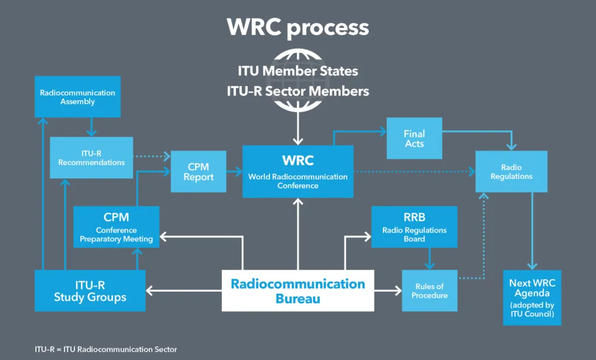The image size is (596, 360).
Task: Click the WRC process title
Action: point(297,27)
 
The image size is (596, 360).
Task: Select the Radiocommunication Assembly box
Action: point(77,97)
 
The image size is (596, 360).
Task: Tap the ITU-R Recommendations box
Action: point(91,158)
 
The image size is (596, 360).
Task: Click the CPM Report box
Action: point(198,171)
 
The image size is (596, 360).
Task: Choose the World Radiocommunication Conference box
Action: point(297,171)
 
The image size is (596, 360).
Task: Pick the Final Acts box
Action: point(414,138)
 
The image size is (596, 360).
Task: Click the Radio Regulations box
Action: point(511,172)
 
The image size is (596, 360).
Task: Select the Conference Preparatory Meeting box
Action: point(116,227)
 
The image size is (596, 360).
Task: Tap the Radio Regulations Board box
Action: point(414,227)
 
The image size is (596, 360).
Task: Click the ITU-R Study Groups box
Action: point(90,290)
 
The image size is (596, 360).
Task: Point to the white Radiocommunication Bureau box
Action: point(297,290)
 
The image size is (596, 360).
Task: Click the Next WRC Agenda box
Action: point(532,297)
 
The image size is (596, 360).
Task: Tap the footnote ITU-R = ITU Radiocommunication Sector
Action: point(105,350)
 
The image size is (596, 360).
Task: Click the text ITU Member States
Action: point(297,71)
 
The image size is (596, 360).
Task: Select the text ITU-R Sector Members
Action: point(297,91)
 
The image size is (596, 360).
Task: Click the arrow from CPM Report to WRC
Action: point(235,172)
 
